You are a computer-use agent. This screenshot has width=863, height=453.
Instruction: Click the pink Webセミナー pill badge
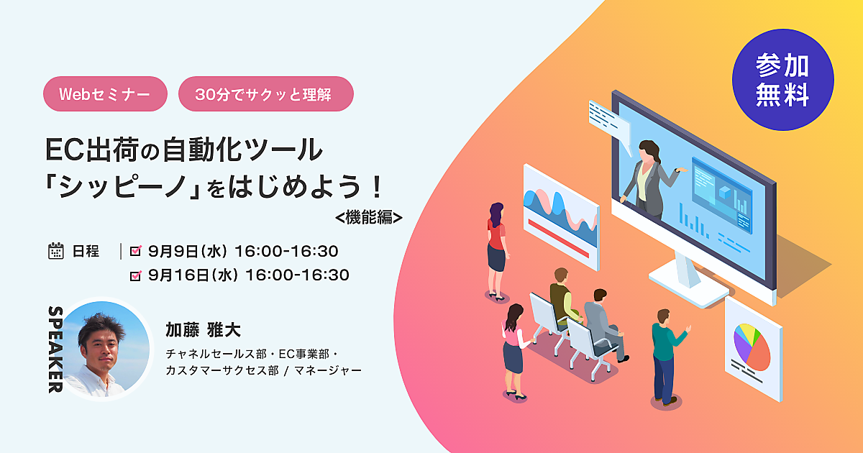pos(105,94)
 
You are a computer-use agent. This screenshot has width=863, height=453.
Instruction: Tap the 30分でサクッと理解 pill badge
pos(266,94)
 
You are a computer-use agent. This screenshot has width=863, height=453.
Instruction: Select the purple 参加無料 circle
pos(783,80)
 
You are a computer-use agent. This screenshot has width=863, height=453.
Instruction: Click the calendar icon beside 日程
pos(56,251)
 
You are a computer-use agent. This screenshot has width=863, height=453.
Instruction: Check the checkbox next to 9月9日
pos(136,251)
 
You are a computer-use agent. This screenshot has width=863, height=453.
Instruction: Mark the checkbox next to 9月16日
pos(136,275)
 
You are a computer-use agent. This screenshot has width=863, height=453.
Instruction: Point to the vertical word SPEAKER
pos(56,349)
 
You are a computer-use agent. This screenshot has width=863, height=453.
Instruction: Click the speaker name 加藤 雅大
pos(203,330)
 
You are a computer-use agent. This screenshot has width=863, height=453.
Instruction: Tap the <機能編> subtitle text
pos(369,218)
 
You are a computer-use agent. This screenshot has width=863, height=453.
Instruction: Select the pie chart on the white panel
pos(752,347)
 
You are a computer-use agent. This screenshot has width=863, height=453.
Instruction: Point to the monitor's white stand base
pos(688,285)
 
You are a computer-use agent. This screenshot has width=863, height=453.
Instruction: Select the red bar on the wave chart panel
pos(559,238)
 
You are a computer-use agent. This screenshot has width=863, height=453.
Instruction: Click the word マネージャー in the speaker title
pos(328,370)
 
